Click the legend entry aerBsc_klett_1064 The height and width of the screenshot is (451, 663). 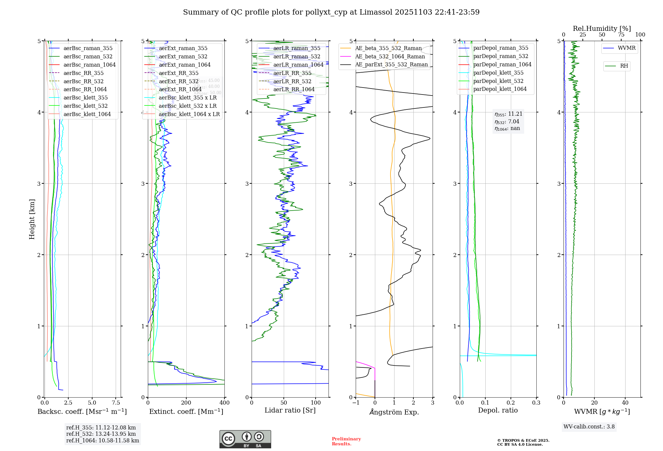pyautogui.click(x=87, y=114)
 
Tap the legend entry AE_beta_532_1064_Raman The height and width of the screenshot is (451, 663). pyautogui.click(x=390, y=56)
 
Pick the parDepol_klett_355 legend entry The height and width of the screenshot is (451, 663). pyautogui.click(x=498, y=73)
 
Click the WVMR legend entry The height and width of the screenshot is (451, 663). pyautogui.click(x=626, y=48)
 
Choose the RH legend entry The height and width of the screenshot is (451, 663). pyautogui.click(x=624, y=66)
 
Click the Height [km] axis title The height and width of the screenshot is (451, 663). pyautogui.click(x=32, y=219)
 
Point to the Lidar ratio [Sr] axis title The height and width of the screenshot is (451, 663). pyautogui.click(x=290, y=410)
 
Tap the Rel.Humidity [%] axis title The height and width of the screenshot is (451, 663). pyautogui.click(x=602, y=29)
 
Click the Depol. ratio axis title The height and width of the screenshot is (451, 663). pyautogui.click(x=498, y=410)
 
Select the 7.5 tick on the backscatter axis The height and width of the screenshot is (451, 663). pyautogui.click(x=116, y=403)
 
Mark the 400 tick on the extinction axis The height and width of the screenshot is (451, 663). pyautogui.click(x=224, y=403)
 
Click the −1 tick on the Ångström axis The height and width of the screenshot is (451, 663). pyautogui.click(x=356, y=403)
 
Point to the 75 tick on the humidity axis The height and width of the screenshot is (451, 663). pyautogui.click(x=621, y=35)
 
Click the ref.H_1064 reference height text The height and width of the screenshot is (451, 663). pyautogui.click(x=102, y=440)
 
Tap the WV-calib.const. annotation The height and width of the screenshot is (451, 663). pyautogui.click(x=589, y=426)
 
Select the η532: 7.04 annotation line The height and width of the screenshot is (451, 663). pyautogui.click(x=507, y=121)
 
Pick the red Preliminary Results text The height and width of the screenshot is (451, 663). pyautogui.click(x=346, y=441)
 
